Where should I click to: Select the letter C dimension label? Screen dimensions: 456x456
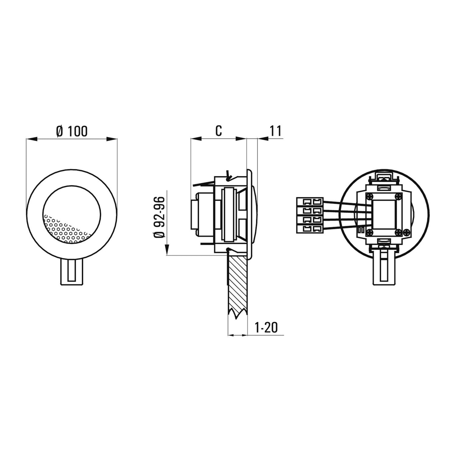tap(218, 131)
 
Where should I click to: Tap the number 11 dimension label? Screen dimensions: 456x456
tap(275, 131)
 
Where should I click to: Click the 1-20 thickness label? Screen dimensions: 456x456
tap(266, 328)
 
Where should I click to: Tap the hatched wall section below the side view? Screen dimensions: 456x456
tap(237, 284)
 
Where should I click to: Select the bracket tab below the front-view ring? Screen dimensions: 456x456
tap(72, 272)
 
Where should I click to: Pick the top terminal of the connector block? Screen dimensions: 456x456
tap(310, 201)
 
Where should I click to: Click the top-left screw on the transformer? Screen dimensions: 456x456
tap(369, 196)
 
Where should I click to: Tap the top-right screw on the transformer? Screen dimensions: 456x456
tap(400, 196)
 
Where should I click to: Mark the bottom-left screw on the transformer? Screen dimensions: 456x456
tap(369, 232)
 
